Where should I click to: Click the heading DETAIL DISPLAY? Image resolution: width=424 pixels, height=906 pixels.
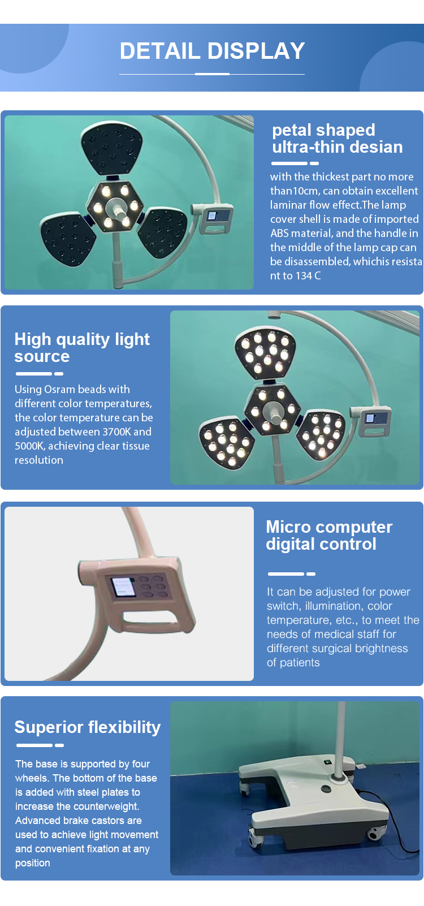(x=212, y=51)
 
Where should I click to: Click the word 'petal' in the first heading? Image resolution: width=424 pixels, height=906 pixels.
(x=292, y=130)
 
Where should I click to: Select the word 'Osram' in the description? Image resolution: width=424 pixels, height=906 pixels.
(x=59, y=389)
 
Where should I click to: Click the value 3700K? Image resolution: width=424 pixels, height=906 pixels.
(x=116, y=432)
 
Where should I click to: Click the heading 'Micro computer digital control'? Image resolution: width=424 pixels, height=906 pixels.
(x=329, y=536)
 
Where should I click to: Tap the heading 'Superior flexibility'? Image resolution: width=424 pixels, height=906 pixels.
(x=88, y=727)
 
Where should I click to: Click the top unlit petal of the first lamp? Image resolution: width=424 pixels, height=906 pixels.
(x=112, y=148)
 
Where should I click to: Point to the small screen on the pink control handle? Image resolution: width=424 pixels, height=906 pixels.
(x=123, y=587)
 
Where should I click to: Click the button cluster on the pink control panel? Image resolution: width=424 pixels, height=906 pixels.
(x=153, y=586)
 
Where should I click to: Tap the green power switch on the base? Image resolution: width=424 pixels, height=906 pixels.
(x=327, y=762)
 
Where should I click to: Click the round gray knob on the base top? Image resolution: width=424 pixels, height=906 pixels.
(x=326, y=788)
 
